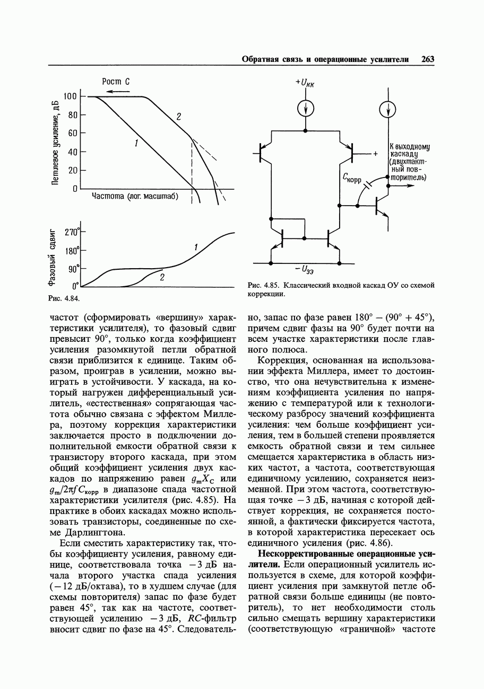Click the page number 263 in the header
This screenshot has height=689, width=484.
point(428,59)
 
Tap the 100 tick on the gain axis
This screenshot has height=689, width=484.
point(71,96)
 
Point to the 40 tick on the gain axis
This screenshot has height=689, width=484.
point(73,152)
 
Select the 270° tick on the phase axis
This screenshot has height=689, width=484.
point(72,232)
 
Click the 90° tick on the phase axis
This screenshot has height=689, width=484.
point(73,269)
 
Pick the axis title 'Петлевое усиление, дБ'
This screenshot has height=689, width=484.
point(55,141)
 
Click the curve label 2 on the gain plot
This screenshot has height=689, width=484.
point(179,116)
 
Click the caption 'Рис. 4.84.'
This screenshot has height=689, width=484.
point(64,298)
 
